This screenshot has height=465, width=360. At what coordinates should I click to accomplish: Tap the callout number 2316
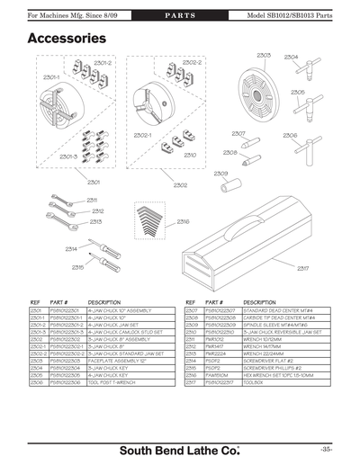[183, 220]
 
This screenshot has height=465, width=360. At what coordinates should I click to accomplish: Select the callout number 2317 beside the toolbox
[302, 268]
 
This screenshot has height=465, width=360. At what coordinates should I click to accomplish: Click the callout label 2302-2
[192, 63]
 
